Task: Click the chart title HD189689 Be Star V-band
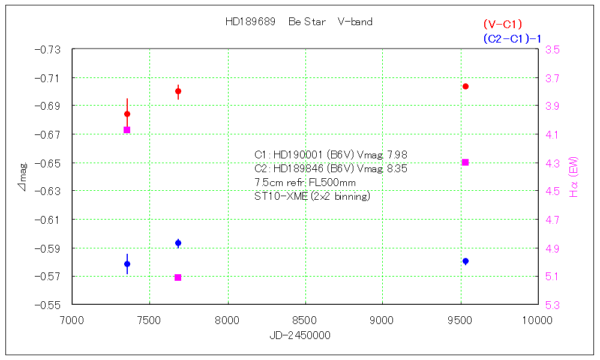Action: tap(299, 22)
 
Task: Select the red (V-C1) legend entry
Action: tap(503, 25)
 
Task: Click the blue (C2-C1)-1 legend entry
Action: tap(512, 39)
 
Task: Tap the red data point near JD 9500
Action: tap(466, 86)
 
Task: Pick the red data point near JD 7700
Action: tap(178, 91)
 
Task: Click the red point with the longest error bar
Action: tap(127, 114)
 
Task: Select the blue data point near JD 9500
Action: tap(466, 261)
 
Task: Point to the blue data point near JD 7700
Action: tap(178, 243)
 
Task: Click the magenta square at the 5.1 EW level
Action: tap(178, 277)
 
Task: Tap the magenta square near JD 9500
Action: tap(466, 162)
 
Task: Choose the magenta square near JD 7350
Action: tap(127, 130)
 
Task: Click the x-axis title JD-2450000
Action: tap(300, 335)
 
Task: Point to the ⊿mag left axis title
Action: tap(23, 177)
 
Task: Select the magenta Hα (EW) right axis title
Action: tap(574, 176)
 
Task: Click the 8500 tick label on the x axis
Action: tap(305, 320)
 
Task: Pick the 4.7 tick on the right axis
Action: tap(552, 220)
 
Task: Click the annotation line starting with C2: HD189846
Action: tap(331, 169)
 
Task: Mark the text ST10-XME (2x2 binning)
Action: tap(312, 196)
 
